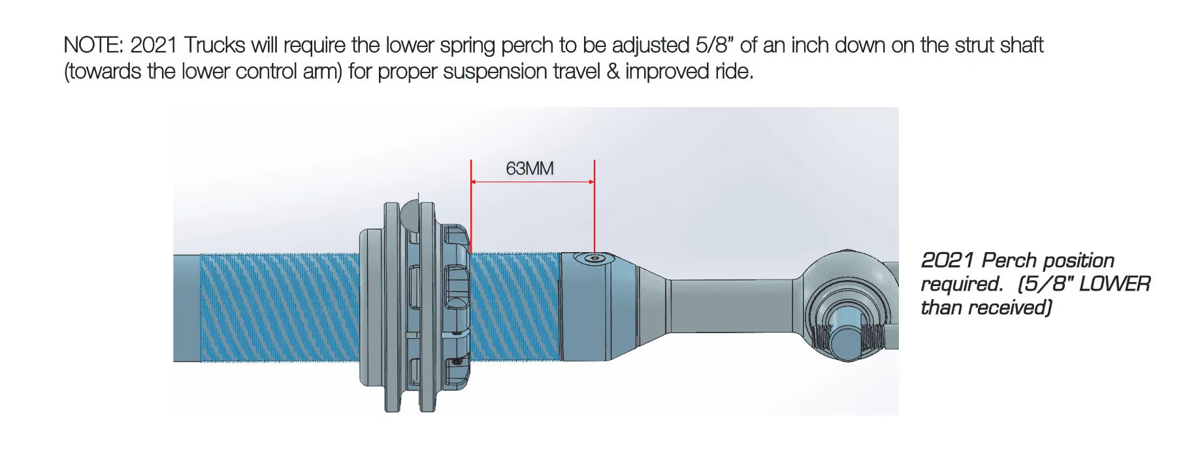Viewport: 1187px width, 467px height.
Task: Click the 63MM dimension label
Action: point(529,169)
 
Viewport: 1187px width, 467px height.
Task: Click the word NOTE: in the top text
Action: point(93,46)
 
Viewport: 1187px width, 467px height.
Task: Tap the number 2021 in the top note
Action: point(154,46)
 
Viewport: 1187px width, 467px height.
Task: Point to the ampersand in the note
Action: point(613,71)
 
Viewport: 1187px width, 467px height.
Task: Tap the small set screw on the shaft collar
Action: point(593,259)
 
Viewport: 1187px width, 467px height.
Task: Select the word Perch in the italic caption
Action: point(1009,261)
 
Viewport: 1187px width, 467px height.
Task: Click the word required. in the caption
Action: point(961,284)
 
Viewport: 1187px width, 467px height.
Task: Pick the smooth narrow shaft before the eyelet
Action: point(732,307)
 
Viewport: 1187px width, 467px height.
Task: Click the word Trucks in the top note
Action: point(214,46)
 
